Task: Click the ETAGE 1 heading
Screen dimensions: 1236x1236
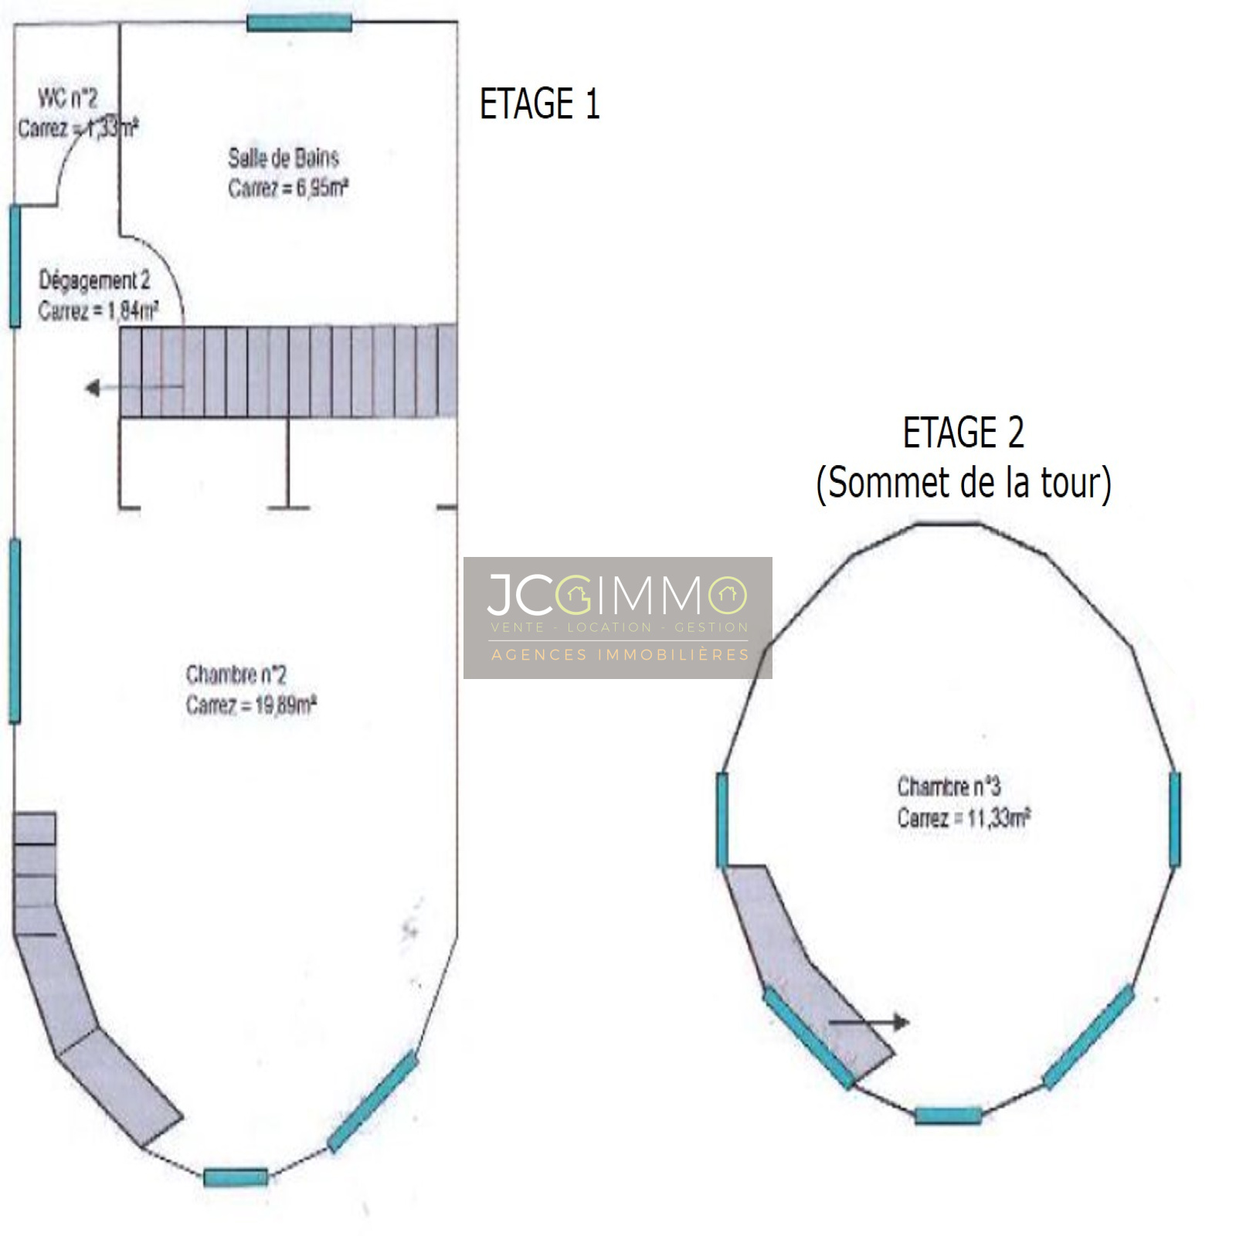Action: point(539,104)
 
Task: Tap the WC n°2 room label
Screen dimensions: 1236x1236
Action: point(68,98)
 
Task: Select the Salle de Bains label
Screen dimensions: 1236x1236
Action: point(284,158)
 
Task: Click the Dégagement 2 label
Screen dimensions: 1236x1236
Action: point(94,280)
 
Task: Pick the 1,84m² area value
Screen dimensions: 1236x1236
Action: point(133,311)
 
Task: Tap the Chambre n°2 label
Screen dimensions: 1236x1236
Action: point(236,675)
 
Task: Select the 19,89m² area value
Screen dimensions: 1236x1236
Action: point(286,705)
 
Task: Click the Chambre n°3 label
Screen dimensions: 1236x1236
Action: point(949,786)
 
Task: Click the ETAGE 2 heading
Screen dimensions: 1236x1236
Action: point(963,433)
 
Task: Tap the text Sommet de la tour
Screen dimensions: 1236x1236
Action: point(963,483)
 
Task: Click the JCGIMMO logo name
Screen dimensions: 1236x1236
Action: point(616,595)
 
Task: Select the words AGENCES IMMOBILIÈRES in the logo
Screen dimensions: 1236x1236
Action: point(620,655)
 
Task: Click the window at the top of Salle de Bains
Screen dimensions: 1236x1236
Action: point(299,22)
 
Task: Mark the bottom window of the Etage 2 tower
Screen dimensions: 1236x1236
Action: point(948,1115)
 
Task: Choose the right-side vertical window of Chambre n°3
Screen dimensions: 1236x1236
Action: point(1174,819)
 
